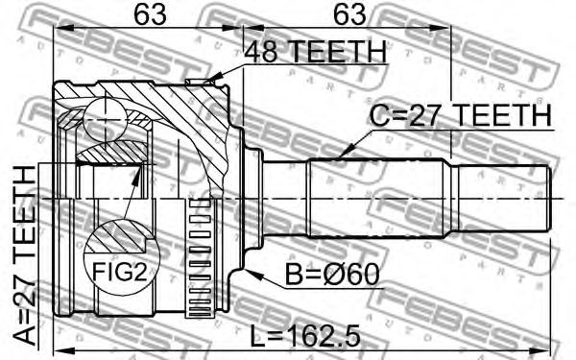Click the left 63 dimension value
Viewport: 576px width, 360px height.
pos(150,14)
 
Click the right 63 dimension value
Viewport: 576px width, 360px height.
pos(349,14)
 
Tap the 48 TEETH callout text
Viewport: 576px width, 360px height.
pos(316,52)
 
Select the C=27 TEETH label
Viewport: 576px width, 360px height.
pos(461,115)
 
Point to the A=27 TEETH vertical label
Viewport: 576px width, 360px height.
pos(25,255)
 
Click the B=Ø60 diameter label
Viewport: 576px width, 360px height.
pos(332,275)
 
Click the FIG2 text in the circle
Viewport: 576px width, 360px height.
pos(119,272)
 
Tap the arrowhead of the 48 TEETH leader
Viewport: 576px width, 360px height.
pos(213,80)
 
